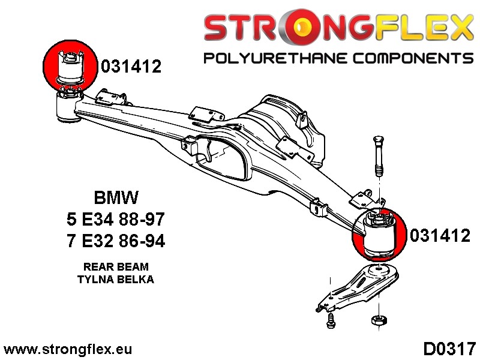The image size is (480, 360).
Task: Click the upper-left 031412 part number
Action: pyautogui.click(x=131, y=67)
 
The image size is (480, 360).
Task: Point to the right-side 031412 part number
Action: pyautogui.click(x=440, y=236)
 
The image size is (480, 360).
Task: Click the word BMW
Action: pyautogui.click(x=116, y=197)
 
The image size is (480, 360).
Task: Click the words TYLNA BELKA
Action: pyautogui.click(x=116, y=279)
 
